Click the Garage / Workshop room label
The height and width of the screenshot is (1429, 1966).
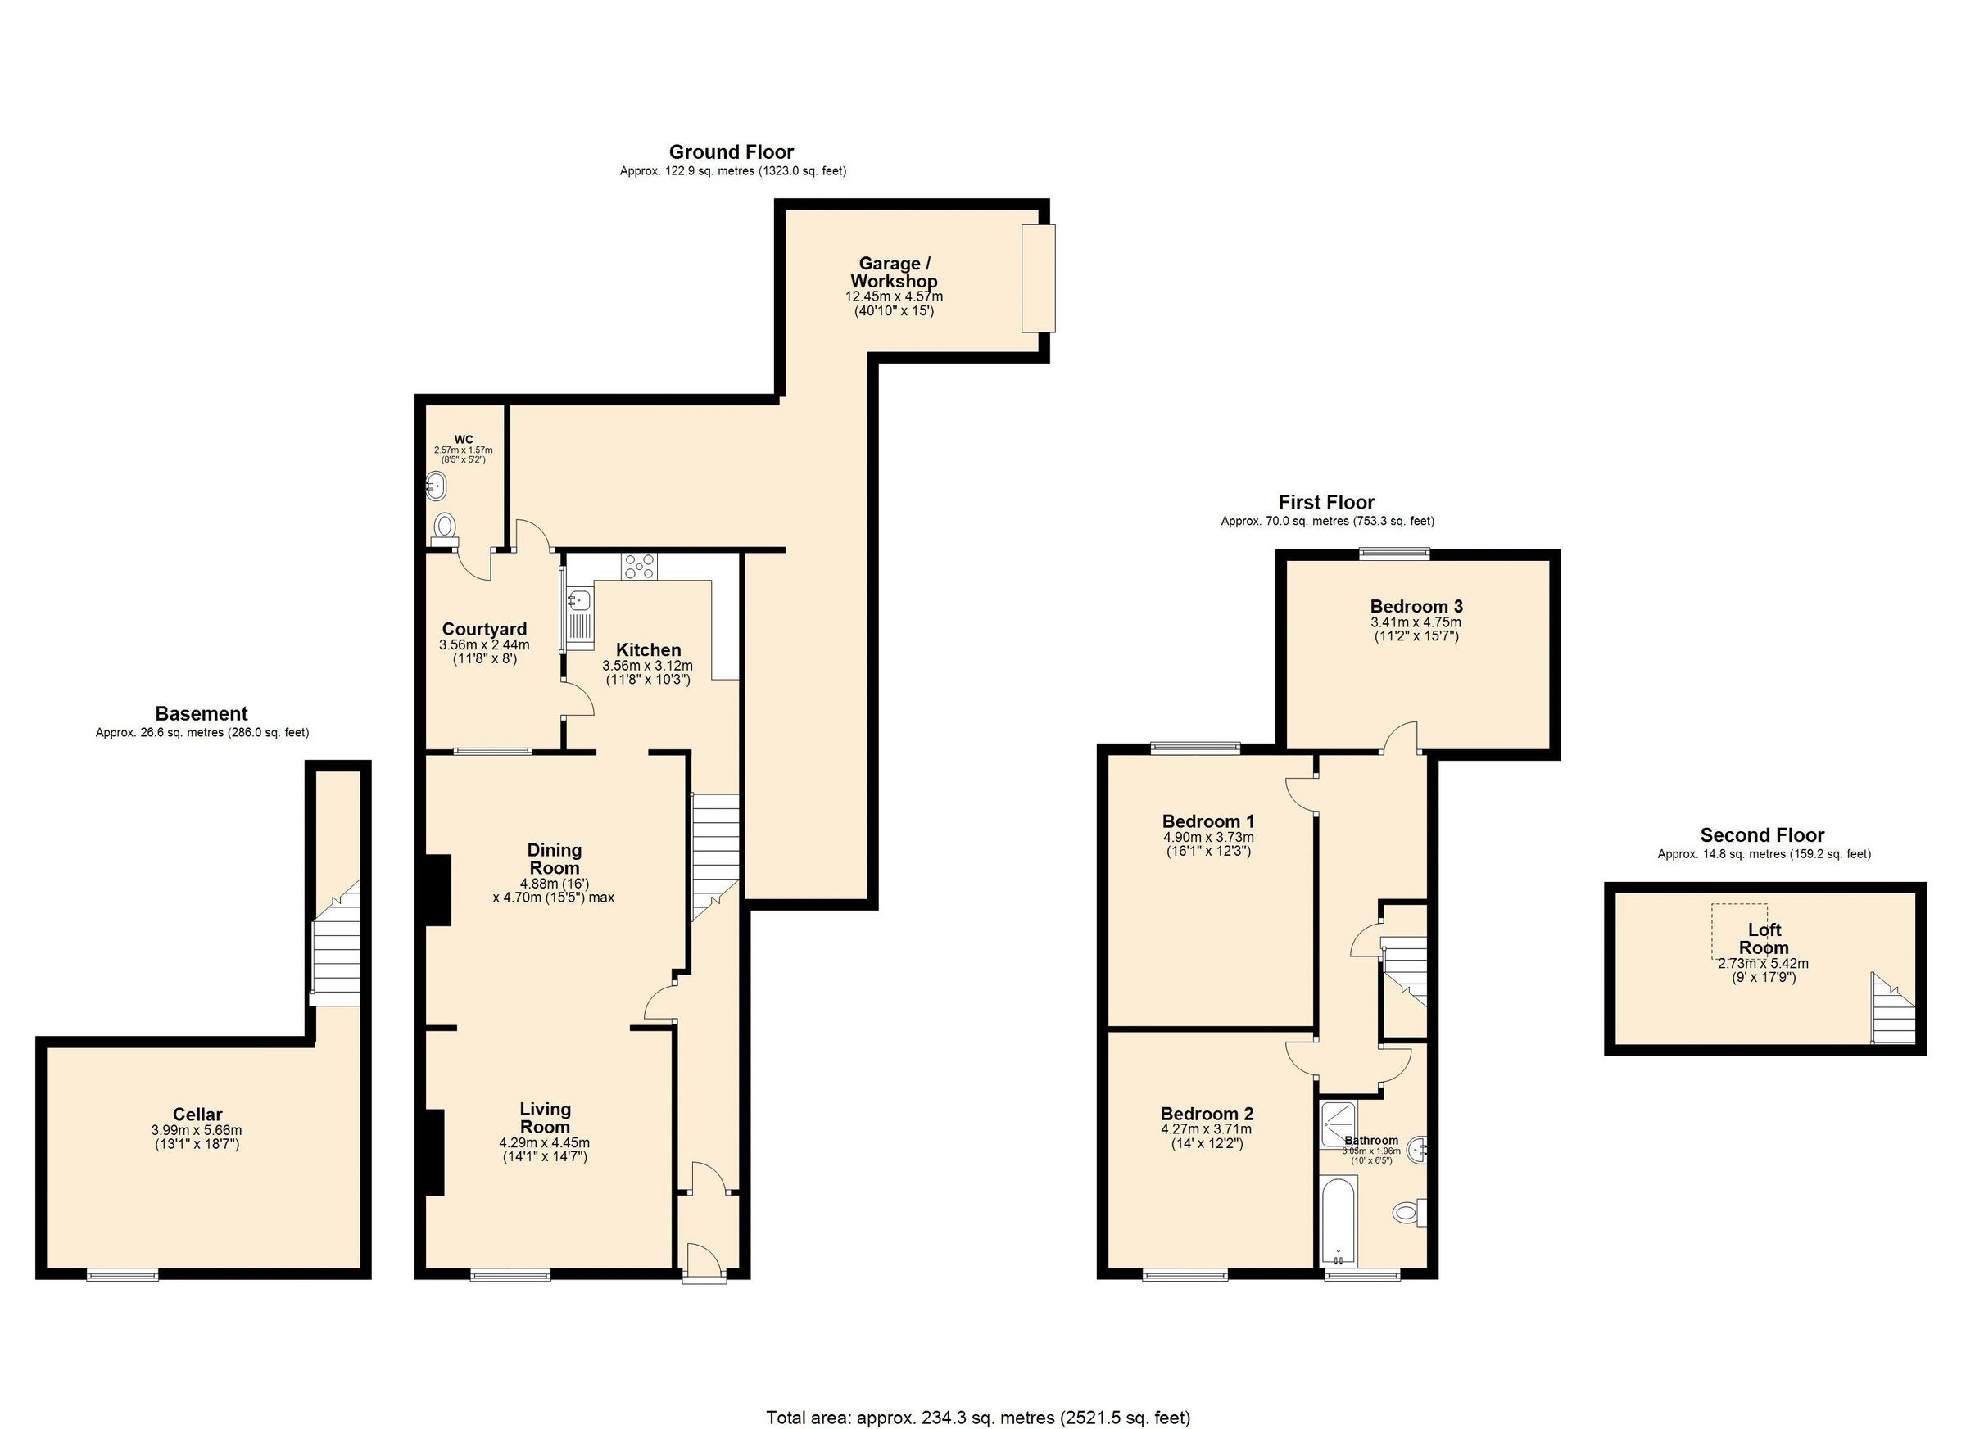point(894,272)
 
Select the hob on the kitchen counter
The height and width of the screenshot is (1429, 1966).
point(639,567)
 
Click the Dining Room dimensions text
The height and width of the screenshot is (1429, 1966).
point(553,890)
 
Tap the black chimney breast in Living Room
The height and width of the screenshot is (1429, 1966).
point(434,1152)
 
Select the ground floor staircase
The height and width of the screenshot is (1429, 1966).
point(714,853)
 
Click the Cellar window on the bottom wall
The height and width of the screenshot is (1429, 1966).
point(122,1274)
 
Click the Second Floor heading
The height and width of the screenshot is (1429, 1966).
point(1762,835)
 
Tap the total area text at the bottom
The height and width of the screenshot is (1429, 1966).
point(978,1418)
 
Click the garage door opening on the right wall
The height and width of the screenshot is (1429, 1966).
point(1039,278)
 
